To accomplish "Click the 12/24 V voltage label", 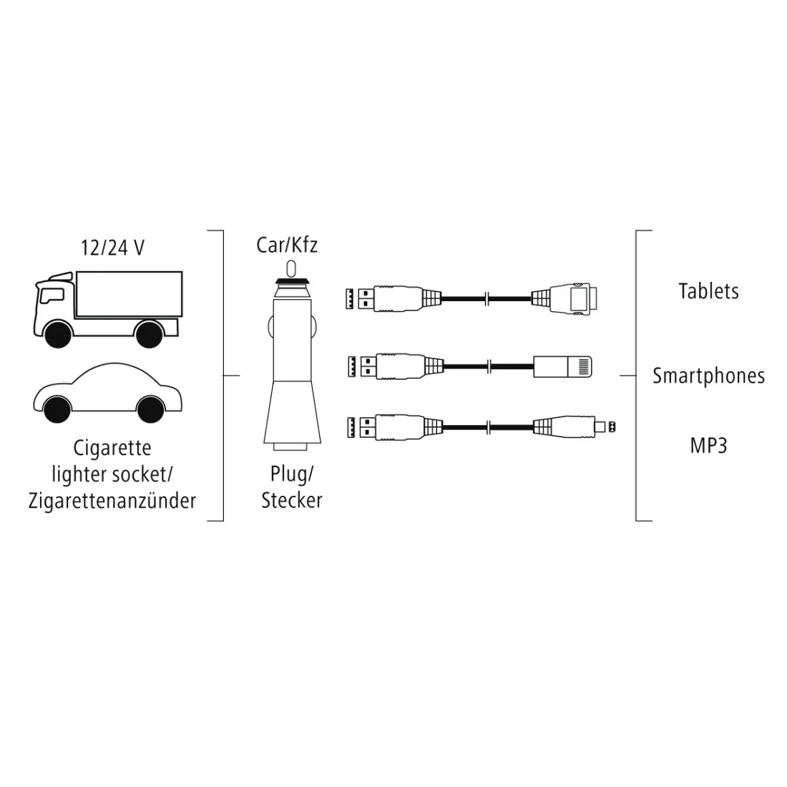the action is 112,248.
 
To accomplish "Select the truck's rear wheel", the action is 149,333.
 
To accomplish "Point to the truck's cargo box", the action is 129,294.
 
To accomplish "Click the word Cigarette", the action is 112,448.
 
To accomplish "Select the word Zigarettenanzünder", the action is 112,500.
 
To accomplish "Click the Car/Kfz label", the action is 287,245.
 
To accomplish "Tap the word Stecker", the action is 292,500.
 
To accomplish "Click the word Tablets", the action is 709,291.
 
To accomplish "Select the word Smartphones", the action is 709,376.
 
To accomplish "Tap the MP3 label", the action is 709,446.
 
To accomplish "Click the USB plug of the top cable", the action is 359,298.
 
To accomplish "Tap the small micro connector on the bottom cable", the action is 605,427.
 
